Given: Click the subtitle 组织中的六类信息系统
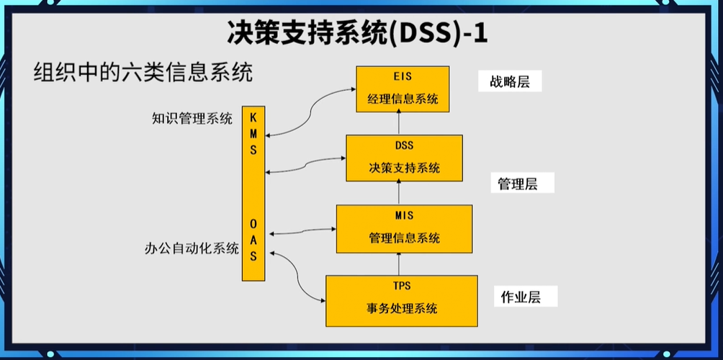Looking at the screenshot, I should pyautogui.click(x=143, y=73).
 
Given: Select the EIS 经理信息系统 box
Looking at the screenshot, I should pyautogui.click(x=403, y=89).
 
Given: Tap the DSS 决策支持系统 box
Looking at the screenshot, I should pyautogui.click(x=403, y=158).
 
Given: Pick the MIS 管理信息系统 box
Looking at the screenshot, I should pyautogui.click(x=404, y=228).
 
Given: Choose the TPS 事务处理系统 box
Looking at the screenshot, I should pyautogui.click(x=402, y=300).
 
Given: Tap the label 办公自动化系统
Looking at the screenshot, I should pyautogui.click(x=192, y=248).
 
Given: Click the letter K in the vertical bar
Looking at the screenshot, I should pyautogui.click(x=253, y=117).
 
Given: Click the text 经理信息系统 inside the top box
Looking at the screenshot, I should pyautogui.click(x=403, y=99).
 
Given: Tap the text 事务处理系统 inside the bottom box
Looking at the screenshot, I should pyautogui.click(x=402, y=309).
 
